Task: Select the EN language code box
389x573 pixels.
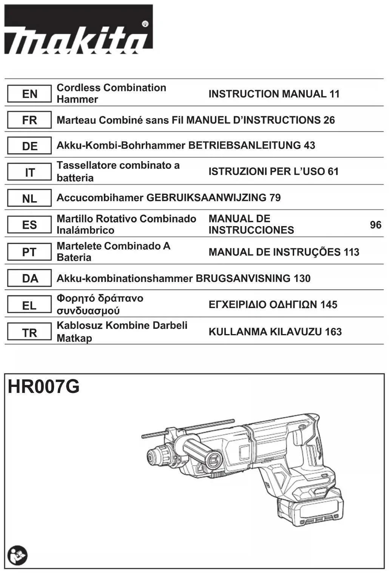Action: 29,94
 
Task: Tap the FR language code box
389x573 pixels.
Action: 29,120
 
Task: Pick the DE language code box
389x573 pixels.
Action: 29,146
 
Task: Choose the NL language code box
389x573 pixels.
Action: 29,198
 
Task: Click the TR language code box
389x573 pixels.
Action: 29,332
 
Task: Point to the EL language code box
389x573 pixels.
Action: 29,305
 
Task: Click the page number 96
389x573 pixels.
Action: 375,225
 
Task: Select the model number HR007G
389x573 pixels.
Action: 44,387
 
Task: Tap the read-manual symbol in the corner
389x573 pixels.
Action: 17,555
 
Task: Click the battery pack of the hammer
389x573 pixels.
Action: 310,510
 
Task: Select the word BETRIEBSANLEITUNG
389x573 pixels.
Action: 244,145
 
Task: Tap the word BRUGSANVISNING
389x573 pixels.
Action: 243,279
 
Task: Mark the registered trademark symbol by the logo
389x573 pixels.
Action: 145,24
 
